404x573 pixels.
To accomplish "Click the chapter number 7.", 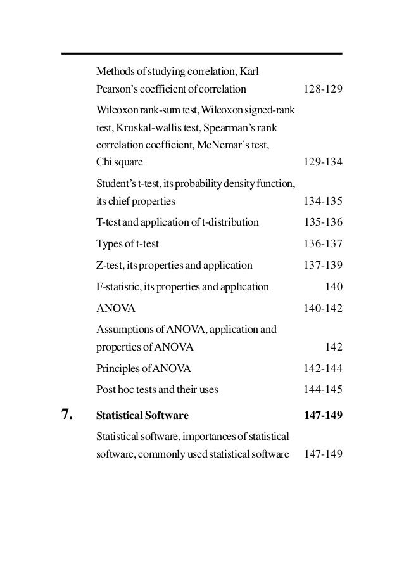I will (67, 416).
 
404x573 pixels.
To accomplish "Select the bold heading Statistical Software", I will (142, 416).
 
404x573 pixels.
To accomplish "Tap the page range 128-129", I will (323, 89).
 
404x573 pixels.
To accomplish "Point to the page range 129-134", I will (323, 162).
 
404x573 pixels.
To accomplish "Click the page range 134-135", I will (323, 202).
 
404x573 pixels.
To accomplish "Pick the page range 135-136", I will (323, 222).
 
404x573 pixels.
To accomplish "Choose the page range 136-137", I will (323, 244).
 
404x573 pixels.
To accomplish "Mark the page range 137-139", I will (323, 266).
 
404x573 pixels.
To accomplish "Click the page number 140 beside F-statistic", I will (334, 287).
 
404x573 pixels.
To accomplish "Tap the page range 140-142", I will (323, 309).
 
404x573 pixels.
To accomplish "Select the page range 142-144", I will (323, 368).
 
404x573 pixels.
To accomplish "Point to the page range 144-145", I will (323, 390).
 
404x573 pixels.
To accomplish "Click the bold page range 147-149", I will (323, 416).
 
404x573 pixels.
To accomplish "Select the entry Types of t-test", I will (128, 244).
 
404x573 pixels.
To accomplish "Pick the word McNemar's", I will (239, 145).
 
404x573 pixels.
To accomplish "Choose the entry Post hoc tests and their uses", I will (157, 390).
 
